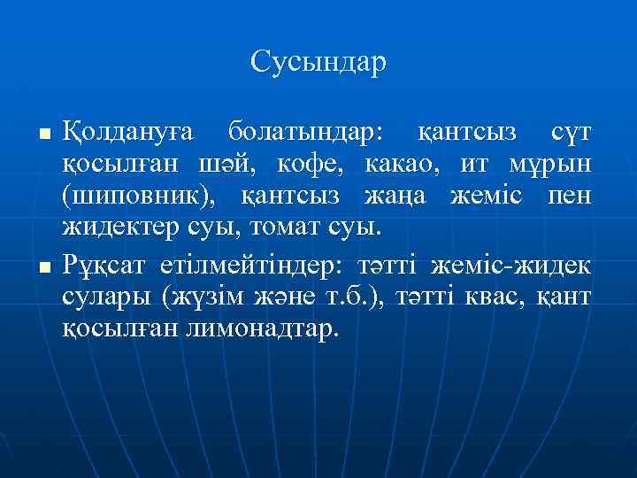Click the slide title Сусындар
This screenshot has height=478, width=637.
pos(318,62)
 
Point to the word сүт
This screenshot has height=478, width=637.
pos(572,133)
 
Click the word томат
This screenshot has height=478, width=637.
pos(284,227)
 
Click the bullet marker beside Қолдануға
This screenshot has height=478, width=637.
pos(42,135)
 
